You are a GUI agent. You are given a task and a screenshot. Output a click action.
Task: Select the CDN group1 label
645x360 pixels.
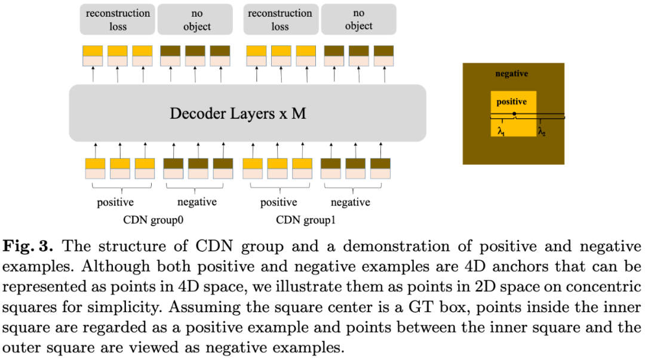(x=306, y=220)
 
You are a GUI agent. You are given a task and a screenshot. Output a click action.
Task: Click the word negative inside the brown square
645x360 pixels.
(x=512, y=73)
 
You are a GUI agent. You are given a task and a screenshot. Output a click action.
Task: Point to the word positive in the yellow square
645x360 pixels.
(x=512, y=101)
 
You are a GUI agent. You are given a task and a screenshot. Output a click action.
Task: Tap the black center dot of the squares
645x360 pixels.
(x=514, y=113)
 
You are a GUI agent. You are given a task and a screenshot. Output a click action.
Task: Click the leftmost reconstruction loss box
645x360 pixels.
(x=118, y=19)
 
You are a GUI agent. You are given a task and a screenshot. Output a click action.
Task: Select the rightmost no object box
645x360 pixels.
(x=358, y=19)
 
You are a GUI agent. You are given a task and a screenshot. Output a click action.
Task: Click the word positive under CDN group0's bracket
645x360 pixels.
(x=115, y=202)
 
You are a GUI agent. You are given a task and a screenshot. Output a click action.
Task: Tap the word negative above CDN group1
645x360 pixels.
(x=350, y=202)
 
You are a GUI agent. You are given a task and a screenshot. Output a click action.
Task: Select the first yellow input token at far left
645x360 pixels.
(x=95, y=168)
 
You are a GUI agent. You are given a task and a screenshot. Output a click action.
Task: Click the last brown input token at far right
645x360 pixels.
(x=380, y=168)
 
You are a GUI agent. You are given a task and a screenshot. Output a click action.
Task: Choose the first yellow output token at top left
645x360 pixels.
(x=92, y=56)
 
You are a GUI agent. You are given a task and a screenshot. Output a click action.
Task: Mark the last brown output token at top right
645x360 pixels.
(x=383, y=56)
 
